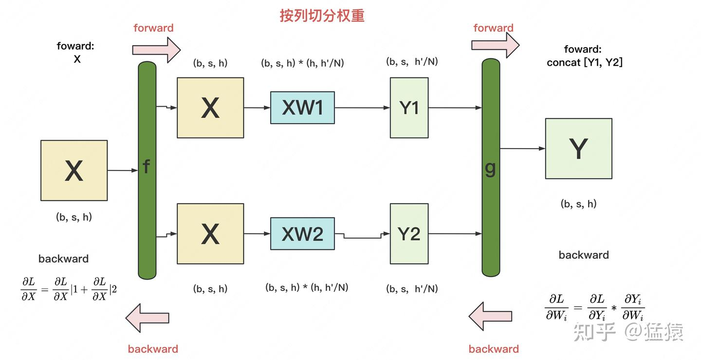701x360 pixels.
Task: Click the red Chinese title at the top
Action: (x=322, y=16)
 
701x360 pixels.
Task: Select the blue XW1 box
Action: (x=302, y=108)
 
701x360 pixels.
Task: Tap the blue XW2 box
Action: (x=302, y=234)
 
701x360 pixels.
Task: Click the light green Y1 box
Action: (x=409, y=108)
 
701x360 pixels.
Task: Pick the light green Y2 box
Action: (x=409, y=234)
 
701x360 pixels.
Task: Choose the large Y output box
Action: (x=578, y=149)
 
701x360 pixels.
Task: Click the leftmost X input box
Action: (x=74, y=171)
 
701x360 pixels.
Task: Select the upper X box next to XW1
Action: (x=210, y=108)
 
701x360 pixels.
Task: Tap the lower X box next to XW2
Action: (x=210, y=234)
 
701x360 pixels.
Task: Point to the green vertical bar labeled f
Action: (x=147, y=171)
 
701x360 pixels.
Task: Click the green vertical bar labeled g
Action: (x=491, y=168)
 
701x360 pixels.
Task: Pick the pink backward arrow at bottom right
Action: (x=490, y=316)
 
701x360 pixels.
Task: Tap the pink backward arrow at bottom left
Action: (x=148, y=318)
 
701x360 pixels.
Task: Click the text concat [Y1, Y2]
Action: (x=585, y=62)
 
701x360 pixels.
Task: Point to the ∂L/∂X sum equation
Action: (x=69, y=288)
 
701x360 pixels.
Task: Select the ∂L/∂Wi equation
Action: (x=594, y=307)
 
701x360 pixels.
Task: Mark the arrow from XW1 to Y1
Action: (x=362, y=108)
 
